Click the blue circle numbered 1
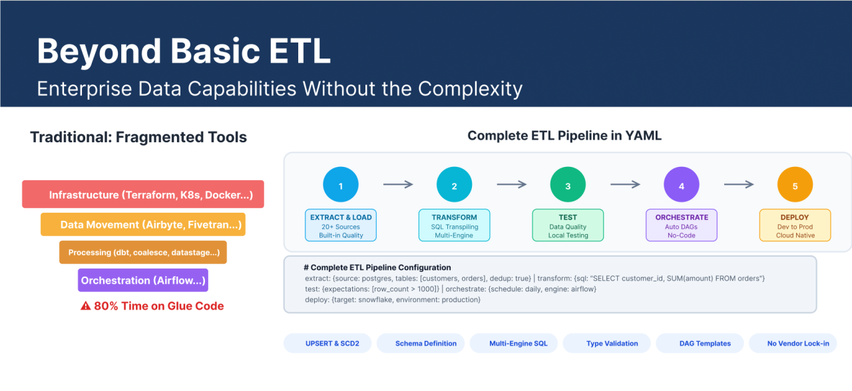coord(340,184)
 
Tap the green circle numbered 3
coord(568,184)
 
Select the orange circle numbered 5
coord(795,184)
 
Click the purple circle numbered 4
coord(681,184)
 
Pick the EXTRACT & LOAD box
coord(341,225)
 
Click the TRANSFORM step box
coord(454,225)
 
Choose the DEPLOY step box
coord(795,225)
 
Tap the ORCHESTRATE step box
coord(681,225)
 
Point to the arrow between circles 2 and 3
coord(512,184)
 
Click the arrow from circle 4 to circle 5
coord(739,184)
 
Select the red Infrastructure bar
coord(143,194)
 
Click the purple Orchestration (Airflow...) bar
coord(143,280)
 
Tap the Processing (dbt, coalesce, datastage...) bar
coord(143,252)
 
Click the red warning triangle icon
coord(86,305)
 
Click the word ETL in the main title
coord(300,51)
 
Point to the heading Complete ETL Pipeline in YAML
coord(564,136)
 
